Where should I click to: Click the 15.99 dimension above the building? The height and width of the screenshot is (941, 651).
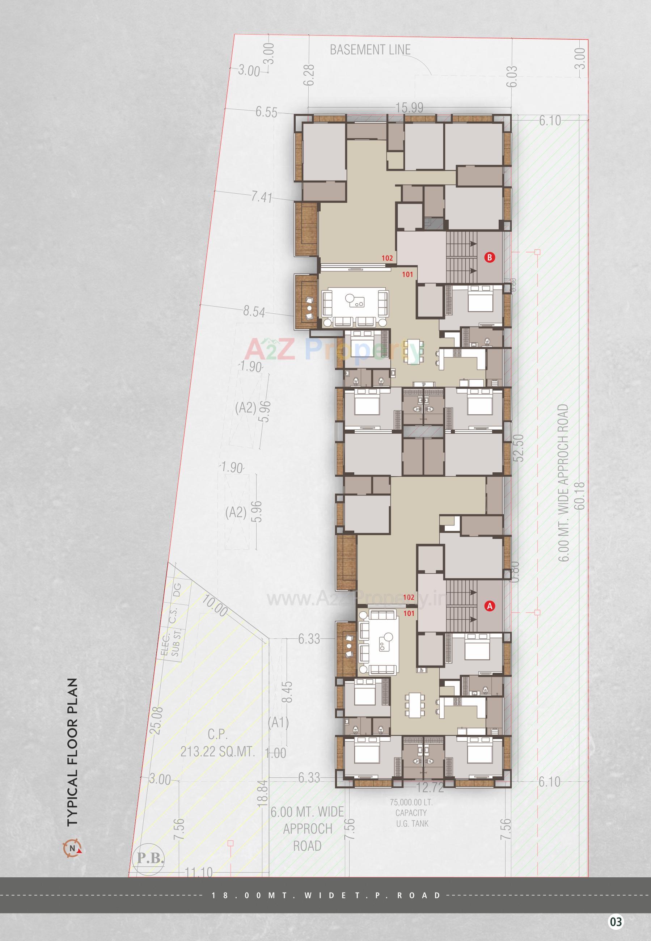coord(410,108)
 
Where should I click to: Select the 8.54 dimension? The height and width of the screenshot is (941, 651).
coord(254,312)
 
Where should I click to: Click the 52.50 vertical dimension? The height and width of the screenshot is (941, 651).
coord(519,447)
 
